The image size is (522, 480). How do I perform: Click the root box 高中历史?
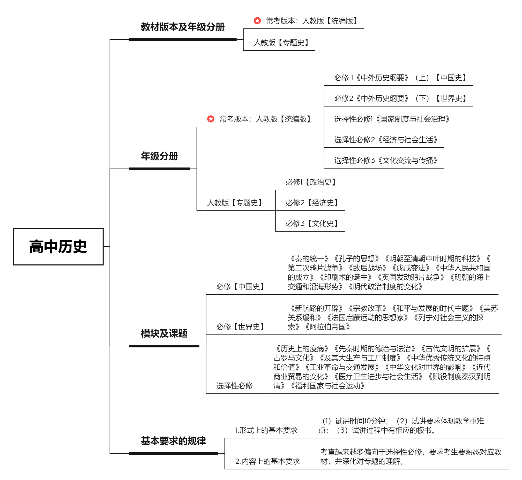58,247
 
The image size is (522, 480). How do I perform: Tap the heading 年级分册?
159,156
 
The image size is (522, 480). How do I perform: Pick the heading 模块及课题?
164,333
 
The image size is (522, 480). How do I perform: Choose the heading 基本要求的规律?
173,441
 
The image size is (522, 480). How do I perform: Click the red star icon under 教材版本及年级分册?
257,20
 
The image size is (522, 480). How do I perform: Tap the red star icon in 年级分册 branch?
211,119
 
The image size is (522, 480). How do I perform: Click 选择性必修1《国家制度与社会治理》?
392,119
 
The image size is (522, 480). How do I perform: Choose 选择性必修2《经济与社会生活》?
386,140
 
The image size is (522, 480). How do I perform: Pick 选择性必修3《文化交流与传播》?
386,161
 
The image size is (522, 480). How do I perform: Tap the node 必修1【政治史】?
311,182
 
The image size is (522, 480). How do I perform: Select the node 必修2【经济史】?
312,203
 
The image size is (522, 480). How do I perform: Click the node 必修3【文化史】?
312,223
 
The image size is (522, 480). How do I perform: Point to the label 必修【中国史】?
240,286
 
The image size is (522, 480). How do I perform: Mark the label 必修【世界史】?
240,327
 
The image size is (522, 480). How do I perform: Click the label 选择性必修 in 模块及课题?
234,386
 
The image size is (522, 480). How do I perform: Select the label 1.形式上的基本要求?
266,430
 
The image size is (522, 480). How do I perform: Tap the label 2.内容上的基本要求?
267,461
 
